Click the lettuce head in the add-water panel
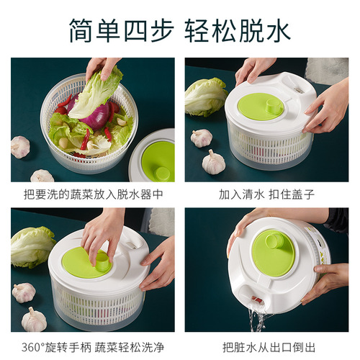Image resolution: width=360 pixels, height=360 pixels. point(204,97)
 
